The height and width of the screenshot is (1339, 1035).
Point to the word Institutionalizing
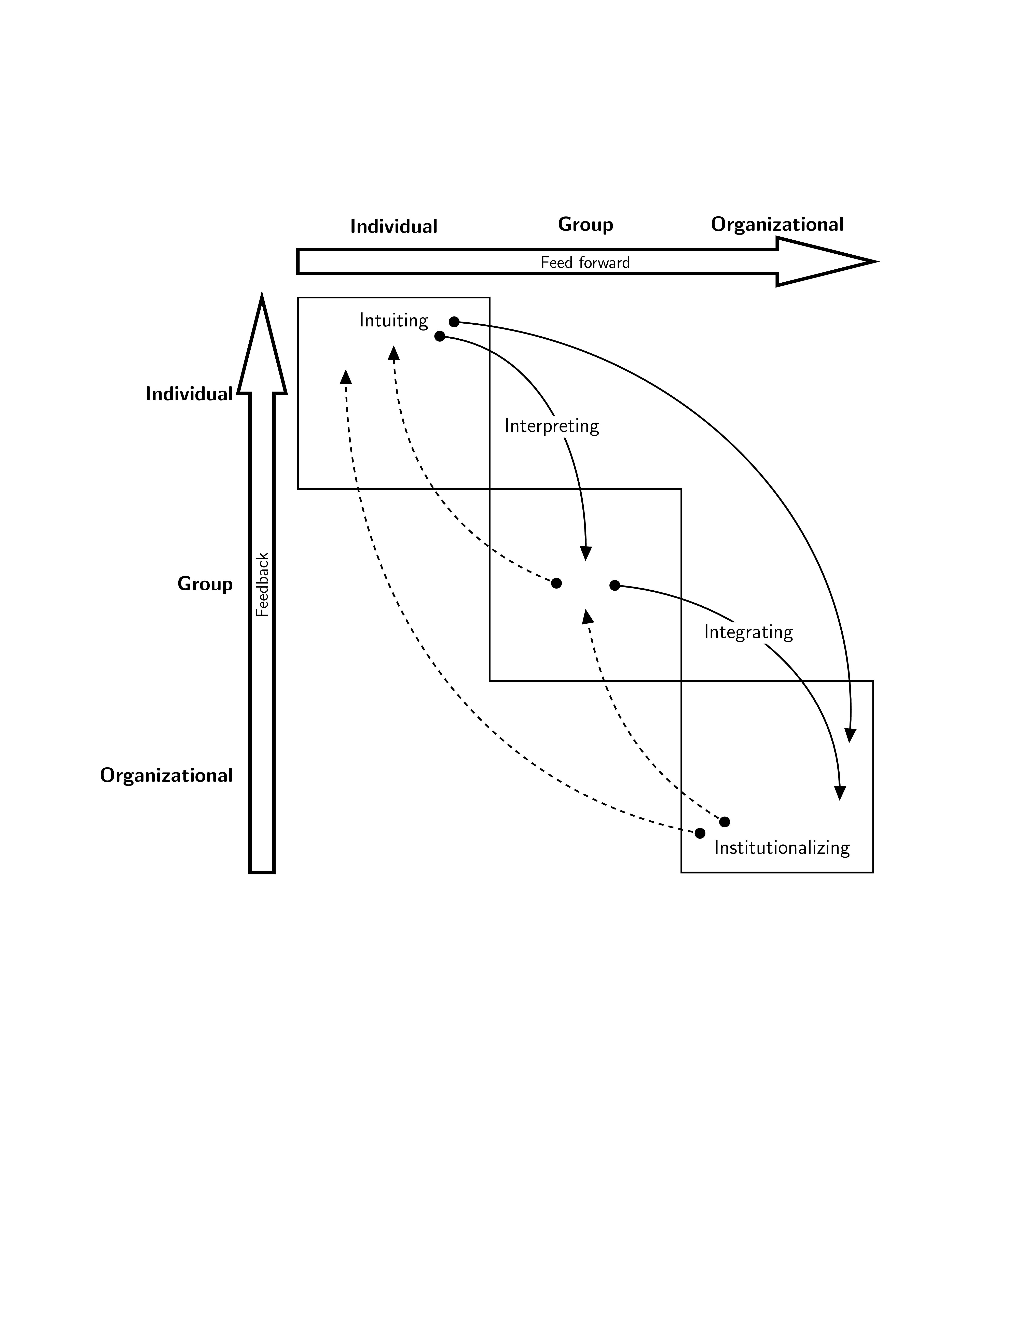(x=782, y=848)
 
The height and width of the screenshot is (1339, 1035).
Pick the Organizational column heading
(x=777, y=224)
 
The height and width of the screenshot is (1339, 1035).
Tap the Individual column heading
(x=394, y=226)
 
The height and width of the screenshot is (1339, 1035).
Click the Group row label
(x=205, y=584)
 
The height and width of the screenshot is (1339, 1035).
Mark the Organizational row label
(x=166, y=776)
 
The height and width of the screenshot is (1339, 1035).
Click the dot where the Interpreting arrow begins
(x=440, y=336)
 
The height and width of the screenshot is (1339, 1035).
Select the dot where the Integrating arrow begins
(x=614, y=586)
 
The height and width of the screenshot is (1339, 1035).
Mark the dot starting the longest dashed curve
(x=700, y=833)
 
